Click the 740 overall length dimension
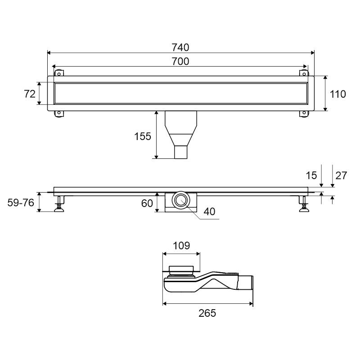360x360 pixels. pos(180,48)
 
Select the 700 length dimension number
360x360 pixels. pos(180,61)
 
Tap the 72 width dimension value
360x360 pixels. pos(30,94)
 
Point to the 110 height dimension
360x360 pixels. pos(338,94)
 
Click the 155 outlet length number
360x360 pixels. pos(143,136)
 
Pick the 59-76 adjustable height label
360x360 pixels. pos(21,203)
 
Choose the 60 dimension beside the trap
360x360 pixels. pos(147,203)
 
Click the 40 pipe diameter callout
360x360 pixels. pos(209,211)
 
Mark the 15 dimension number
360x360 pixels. pos(311,175)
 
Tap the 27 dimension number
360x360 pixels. pos(341,175)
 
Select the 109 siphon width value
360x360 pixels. pos(181,246)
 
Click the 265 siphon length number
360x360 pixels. pos(207,313)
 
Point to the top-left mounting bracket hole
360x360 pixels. pos(59,74)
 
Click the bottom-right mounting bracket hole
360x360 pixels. pos(304,113)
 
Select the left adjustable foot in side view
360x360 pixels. pos(59,204)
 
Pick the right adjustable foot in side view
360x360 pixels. pos(304,204)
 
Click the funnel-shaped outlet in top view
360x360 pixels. pos(181,135)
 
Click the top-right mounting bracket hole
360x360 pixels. pos(304,74)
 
